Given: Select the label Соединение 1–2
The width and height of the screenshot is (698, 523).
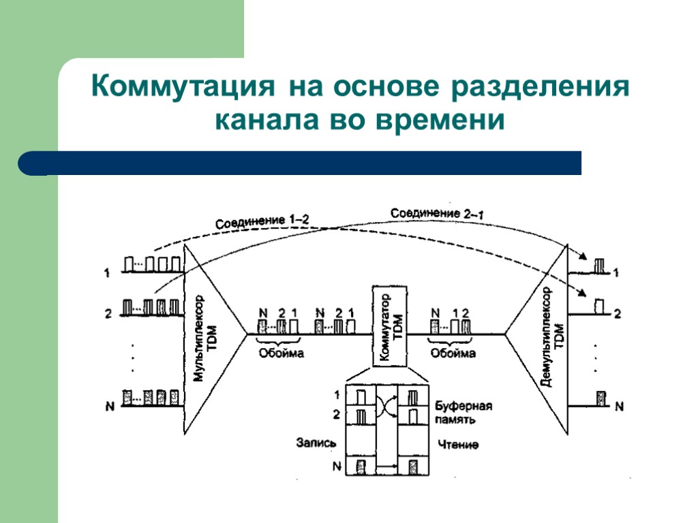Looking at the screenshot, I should click(x=262, y=221).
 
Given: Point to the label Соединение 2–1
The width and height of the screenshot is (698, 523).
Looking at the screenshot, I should click(x=438, y=214).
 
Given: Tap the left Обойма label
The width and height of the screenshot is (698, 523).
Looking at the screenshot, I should click(x=281, y=353).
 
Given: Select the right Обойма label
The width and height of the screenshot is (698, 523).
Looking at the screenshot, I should click(x=453, y=353).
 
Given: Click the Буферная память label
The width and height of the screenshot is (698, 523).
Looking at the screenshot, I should click(x=463, y=413).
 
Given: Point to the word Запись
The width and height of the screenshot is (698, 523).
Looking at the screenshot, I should click(x=316, y=443).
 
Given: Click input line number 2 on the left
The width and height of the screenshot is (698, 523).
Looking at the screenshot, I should click(x=108, y=314).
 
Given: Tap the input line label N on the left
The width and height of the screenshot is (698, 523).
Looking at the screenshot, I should click(x=109, y=407).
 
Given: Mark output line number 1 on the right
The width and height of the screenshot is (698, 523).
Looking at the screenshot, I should click(x=616, y=273).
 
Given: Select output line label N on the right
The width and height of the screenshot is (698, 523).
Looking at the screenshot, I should click(x=619, y=407).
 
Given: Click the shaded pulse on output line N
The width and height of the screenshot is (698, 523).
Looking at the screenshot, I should click(x=601, y=397).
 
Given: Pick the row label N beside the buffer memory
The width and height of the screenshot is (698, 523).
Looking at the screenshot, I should click(x=336, y=466).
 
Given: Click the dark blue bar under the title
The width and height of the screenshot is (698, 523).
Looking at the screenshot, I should click(x=300, y=163).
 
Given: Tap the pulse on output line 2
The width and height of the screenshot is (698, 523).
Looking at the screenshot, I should click(x=600, y=304).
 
